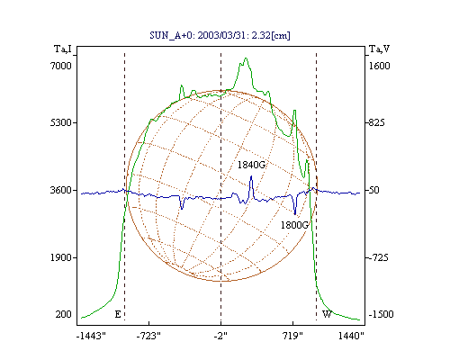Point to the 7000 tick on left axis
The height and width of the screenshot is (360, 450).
61,66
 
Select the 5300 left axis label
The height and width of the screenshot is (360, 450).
61,122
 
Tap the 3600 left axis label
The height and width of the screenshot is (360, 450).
61,190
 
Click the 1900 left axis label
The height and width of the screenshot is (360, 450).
61,257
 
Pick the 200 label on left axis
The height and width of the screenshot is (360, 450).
63,314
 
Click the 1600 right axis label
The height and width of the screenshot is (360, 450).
379,66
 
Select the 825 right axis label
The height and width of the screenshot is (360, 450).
376,122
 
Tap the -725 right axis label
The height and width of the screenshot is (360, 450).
379,257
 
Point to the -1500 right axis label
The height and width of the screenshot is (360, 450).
381,314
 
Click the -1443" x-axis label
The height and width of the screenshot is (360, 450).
91,336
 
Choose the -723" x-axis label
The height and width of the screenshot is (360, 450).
148,336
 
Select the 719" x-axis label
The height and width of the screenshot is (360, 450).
292,336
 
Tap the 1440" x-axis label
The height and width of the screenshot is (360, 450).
351,336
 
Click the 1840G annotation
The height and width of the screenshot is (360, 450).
251,165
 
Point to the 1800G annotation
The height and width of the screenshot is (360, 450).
294,225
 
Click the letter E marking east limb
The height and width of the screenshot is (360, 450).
118,314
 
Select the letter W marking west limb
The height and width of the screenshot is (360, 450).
327,314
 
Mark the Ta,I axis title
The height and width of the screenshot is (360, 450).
63,49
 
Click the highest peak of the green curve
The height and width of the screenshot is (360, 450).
246,58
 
